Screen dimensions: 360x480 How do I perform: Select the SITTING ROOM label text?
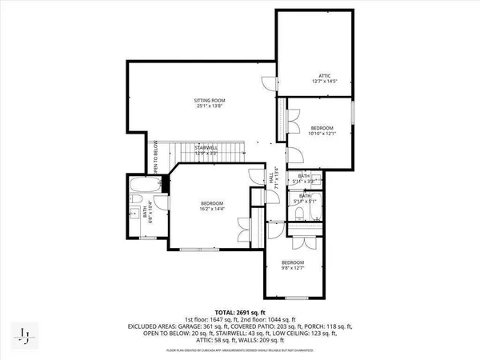click(207, 100)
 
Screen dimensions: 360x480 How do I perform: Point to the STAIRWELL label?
click(207, 147)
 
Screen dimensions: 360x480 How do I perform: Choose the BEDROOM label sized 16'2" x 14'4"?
click(212, 203)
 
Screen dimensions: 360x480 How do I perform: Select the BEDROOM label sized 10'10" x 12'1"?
click(322, 128)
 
